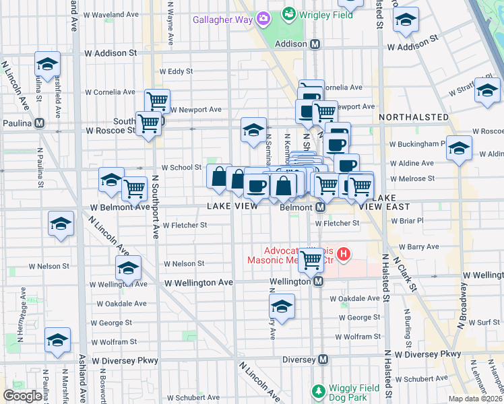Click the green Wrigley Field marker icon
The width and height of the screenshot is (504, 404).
[x=288, y=13]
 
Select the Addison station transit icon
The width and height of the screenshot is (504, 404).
[x=315, y=44]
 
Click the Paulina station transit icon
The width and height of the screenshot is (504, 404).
[x=40, y=123]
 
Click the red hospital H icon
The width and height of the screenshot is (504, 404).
[x=344, y=254]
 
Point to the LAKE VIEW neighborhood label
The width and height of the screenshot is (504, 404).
[x=232, y=206]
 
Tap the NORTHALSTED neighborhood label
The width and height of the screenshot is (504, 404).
[x=414, y=117]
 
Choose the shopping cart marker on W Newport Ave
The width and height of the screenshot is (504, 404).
[x=157, y=102]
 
